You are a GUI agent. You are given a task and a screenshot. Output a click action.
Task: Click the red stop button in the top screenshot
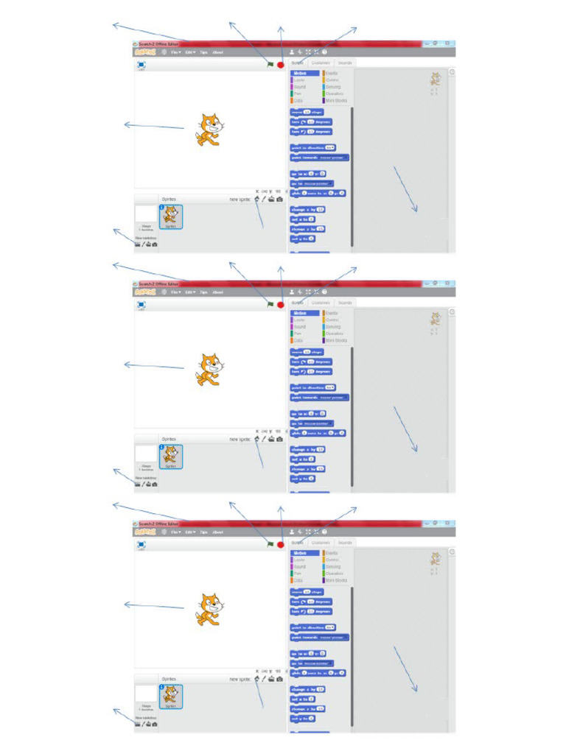[281, 65]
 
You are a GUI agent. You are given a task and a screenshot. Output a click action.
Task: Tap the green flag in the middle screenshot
[270, 304]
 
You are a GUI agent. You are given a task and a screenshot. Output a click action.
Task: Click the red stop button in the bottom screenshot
[281, 544]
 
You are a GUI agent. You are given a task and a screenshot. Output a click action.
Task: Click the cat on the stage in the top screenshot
[210, 130]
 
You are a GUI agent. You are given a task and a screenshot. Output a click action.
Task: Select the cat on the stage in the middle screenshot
[210, 370]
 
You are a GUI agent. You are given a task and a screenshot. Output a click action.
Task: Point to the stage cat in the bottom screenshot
[210, 610]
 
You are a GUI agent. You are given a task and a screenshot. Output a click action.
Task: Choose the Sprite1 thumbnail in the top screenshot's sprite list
[170, 216]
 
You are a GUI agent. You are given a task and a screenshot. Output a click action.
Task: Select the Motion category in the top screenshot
[300, 74]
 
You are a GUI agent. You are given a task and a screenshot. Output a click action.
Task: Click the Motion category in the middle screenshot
[300, 314]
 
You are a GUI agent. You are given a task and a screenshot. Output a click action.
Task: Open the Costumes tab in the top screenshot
[321, 63]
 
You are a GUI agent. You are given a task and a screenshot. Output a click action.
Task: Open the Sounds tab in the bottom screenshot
[345, 543]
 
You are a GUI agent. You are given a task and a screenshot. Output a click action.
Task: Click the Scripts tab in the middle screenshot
[297, 303]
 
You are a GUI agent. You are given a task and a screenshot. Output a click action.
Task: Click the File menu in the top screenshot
[175, 52]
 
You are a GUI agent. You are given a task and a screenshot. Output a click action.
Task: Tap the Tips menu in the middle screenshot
[203, 292]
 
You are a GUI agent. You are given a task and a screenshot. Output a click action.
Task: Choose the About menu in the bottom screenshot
[218, 532]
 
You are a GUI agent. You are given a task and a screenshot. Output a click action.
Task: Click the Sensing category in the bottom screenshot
[333, 567]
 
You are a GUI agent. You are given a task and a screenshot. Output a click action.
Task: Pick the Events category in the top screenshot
[332, 74]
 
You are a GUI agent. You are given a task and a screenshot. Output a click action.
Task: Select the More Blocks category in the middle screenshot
[336, 340]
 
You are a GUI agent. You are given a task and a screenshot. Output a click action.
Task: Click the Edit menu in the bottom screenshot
[189, 532]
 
